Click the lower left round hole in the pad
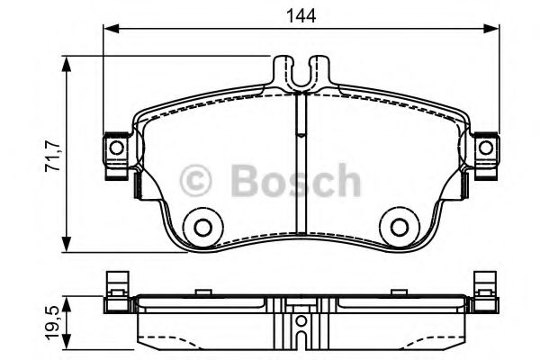click(202, 227)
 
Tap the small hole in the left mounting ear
click(116, 147)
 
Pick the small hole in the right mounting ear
click(485, 147)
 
